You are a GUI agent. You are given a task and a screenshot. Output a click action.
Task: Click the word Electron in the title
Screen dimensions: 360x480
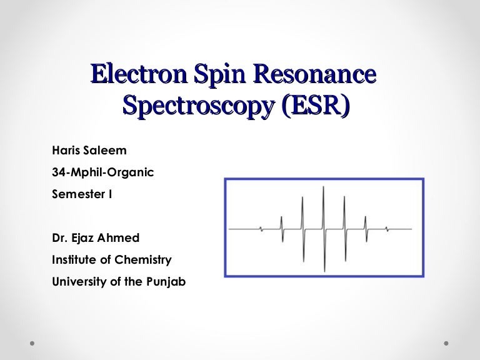(135, 74)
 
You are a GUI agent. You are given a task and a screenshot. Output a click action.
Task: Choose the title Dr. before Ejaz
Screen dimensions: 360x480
(61, 237)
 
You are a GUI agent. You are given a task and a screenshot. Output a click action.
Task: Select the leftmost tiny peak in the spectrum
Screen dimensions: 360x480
(261, 228)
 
